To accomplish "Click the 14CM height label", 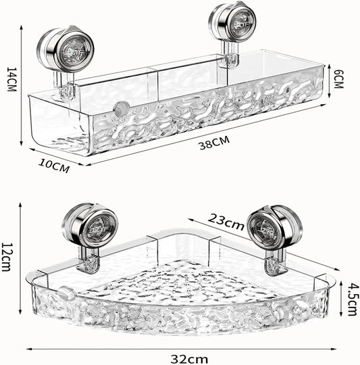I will [x=10, y=75].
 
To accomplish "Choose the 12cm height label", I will [x=7, y=257].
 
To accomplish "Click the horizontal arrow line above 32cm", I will [x=180, y=349].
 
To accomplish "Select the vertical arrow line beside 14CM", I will [x=22, y=76].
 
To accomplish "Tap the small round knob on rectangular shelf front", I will [x=122, y=107].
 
